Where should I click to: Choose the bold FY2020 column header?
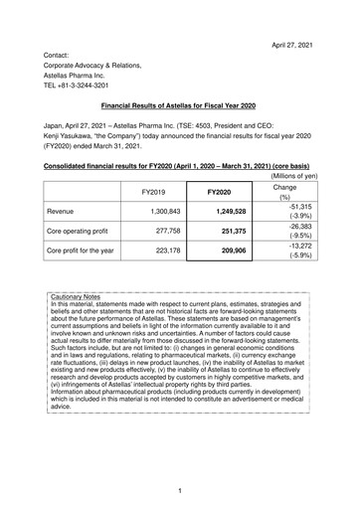point(225,193)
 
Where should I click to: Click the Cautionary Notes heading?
point(84,352)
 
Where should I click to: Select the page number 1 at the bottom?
point(180,491)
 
